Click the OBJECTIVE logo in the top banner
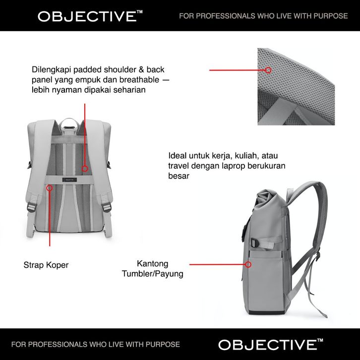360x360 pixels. pos(86,16)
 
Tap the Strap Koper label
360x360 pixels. pos(46,265)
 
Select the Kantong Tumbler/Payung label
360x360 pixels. pos(152,268)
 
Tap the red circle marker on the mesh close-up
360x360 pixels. pos(268,70)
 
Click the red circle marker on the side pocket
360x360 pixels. pos(248,265)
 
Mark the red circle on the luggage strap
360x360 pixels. pos(50,188)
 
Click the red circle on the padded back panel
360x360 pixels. pos(85,169)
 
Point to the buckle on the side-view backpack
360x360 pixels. pos(253,243)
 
